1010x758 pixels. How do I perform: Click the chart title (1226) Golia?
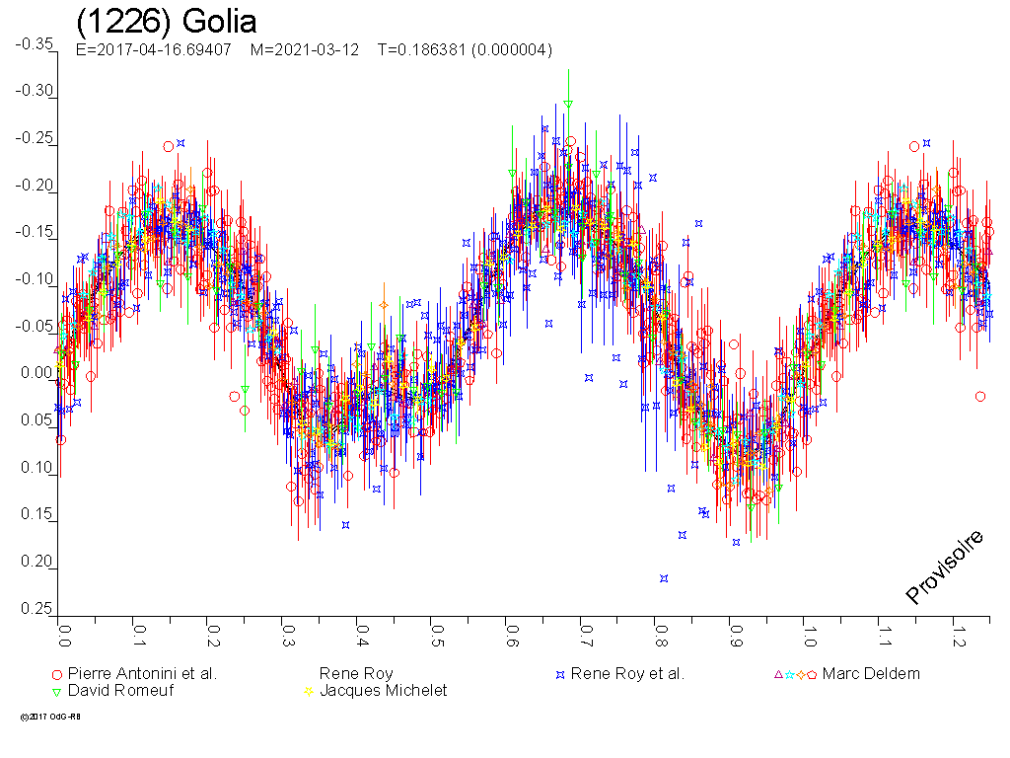(x=166, y=22)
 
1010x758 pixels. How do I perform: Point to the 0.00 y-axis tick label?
(x=36, y=374)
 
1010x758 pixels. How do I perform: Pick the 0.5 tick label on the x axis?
(x=434, y=628)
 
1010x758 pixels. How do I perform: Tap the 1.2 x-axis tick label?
(x=956, y=628)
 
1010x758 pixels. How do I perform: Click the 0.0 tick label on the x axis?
(x=63, y=628)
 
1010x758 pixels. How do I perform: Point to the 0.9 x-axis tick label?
(x=733, y=628)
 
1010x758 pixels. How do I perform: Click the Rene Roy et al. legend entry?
(x=626, y=674)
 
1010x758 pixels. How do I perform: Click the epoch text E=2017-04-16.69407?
(x=153, y=50)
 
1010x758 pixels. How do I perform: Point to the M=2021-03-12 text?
(x=304, y=50)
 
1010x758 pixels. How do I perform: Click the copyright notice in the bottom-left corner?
(x=49, y=717)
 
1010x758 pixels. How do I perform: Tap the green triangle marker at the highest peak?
(x=568, y=104)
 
